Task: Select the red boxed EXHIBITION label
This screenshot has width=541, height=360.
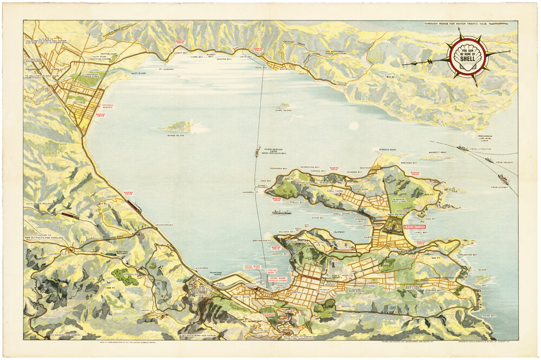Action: [414, 227]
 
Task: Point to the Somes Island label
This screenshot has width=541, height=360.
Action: [177, 135]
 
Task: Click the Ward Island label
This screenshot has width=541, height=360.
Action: [283, 110]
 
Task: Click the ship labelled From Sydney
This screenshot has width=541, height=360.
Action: [503, 179]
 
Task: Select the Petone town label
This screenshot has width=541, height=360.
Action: [79, 101]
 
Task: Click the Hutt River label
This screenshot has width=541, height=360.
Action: [139, 73]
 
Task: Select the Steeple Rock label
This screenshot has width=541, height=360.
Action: [388, 149]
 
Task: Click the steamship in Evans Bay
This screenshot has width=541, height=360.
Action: [281, 212]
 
